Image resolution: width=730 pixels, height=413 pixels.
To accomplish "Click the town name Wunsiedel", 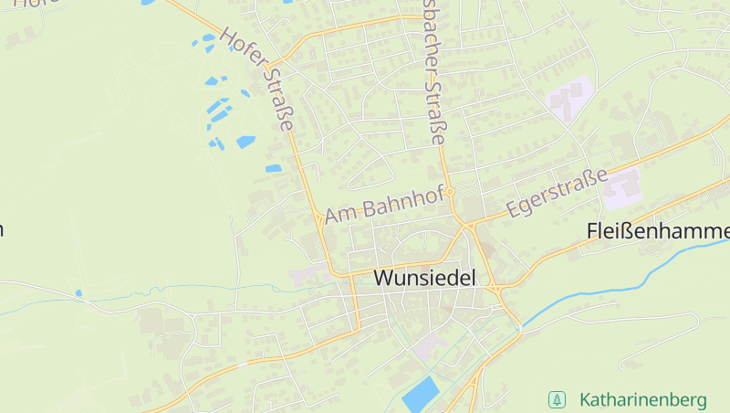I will [425, 277].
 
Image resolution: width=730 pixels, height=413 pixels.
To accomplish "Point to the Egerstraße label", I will [557, 194].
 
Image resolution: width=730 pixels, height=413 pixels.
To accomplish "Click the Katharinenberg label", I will [642, 400].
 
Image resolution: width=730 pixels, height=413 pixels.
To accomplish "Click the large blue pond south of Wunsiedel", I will [420, 393].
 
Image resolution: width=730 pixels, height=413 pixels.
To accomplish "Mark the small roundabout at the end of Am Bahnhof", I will [451, 192].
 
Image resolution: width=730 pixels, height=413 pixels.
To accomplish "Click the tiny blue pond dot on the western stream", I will [78, 293].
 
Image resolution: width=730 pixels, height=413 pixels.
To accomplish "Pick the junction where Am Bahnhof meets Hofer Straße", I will [318, 218].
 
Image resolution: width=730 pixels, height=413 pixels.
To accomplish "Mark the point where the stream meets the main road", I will [519, 325].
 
